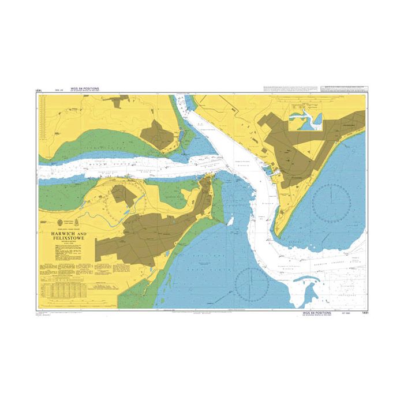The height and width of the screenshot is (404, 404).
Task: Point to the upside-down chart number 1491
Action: pyautogui.click(x=40, y=91)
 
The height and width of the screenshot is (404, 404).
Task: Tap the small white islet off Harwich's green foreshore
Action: pyautogui.click(x=230, y=221)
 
